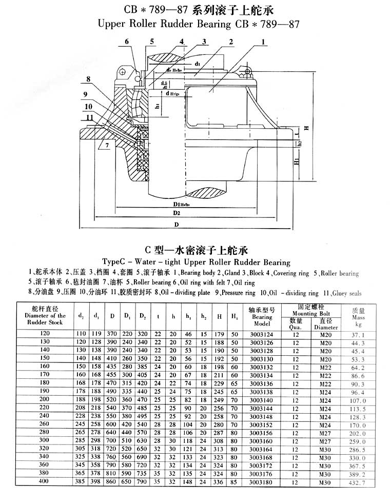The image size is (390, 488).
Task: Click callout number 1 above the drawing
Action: (x=264, y=43)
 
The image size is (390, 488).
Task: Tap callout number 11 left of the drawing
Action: (x=89, y=117)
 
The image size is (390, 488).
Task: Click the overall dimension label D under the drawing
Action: (x=176, y=225)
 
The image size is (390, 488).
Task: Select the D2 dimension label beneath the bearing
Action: (x=176, y=212)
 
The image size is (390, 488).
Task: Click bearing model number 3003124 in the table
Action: (x=262, y=334)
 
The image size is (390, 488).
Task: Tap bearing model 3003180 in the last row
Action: (x=262, y=482)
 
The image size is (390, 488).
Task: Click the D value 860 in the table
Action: (x=110, y=482)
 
